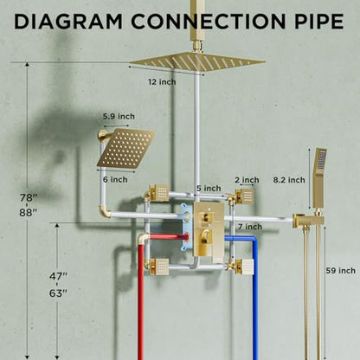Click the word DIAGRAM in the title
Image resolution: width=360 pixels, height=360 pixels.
point(68,22)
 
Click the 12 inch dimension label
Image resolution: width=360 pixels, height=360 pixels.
point(162,82)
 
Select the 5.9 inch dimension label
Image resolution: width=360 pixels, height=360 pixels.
point(119,117)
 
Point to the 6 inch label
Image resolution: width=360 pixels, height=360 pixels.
point(115,179)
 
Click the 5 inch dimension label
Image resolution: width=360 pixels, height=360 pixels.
point(209,189)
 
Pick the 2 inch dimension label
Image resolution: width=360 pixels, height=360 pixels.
point(247,180)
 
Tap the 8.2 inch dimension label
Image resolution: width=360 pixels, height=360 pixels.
point(289,180)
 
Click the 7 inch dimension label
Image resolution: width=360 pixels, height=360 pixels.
point(250,227)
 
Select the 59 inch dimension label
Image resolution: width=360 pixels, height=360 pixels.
point(341,271)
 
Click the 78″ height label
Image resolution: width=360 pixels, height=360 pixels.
point(29,198)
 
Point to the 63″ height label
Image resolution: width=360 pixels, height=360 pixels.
point(58,293)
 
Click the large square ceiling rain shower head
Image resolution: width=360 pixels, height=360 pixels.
point(197,61)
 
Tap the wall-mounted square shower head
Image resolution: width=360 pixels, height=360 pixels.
point(125,149)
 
